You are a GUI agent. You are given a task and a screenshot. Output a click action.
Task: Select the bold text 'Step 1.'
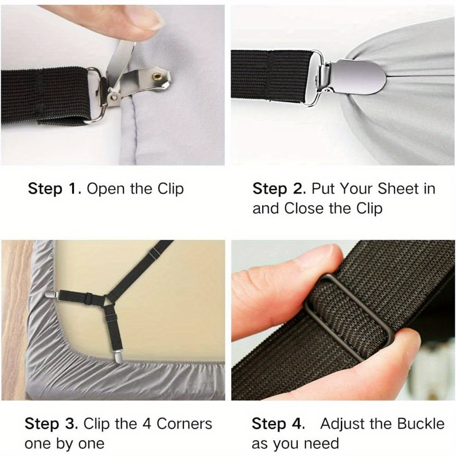click(x=54, y=189)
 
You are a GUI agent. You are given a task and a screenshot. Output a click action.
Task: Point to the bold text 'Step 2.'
click(x=279, y=189)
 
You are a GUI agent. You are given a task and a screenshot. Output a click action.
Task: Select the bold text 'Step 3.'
click(x=51, y=424)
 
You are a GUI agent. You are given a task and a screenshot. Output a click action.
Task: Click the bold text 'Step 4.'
click(x=278, y=424)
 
